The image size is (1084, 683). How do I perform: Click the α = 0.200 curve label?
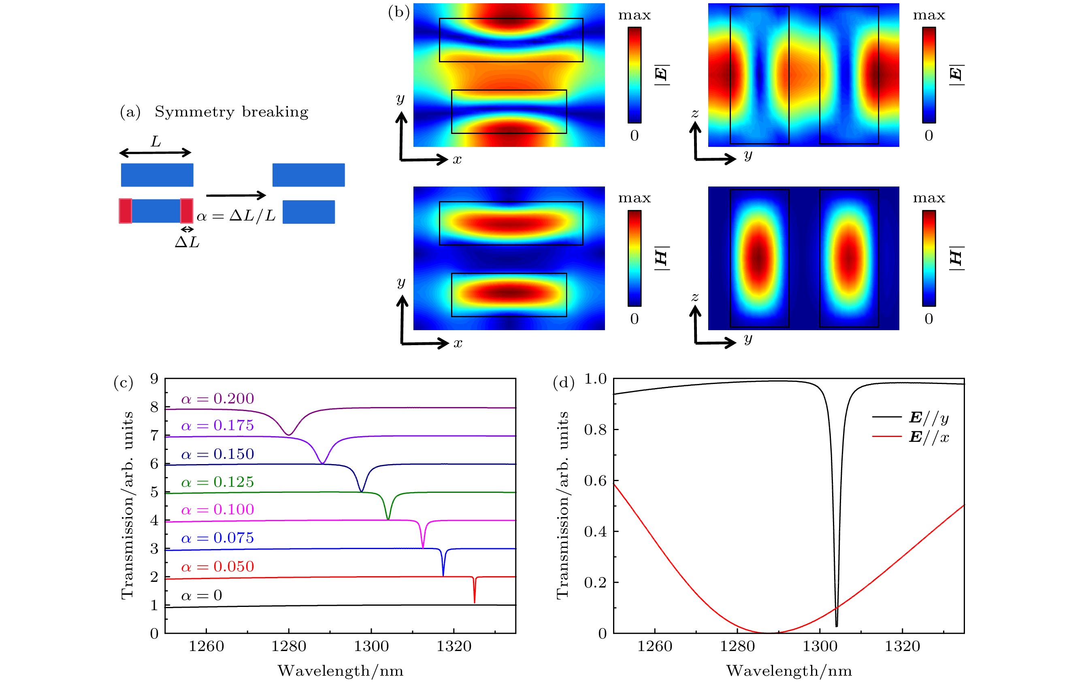[217, 399]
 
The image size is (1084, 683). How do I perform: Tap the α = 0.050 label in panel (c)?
[217, 566]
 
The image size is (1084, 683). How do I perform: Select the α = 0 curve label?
[202, 596]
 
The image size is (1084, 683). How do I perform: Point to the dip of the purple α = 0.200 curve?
[289, 434]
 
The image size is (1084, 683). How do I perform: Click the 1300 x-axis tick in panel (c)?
[371, 647]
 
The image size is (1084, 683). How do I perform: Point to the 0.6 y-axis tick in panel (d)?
[595, 481]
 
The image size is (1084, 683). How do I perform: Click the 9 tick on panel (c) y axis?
[154, 379]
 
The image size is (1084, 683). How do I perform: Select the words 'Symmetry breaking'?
[231, 112]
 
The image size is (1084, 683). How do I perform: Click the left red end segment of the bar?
[125, 210]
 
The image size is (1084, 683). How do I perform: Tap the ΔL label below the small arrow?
[187, 242]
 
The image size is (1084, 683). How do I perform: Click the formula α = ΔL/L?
[236, 216]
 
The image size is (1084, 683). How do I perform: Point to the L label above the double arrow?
[156, 141]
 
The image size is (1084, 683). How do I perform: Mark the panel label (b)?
[398, 12]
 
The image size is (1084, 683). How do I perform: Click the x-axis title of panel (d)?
[789, 671]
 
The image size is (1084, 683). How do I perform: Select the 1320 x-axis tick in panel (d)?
[902, 647]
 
